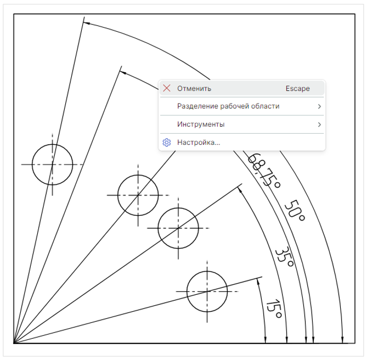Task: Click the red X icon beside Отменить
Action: [x=167, y=89]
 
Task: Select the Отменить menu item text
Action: [x=194, y=89]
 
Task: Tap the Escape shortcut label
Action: [x=298, y=89]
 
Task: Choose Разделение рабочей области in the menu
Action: [x=228, y=106]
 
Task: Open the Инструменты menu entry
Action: [x=201, y=124]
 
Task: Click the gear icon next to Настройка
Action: [x=167, y=142]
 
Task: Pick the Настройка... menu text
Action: [x=199, y=142]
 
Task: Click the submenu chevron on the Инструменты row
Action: [x=319, y=125]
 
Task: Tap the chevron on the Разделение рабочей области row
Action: [x=319, y=107]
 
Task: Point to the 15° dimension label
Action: [x=274, y=309]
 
